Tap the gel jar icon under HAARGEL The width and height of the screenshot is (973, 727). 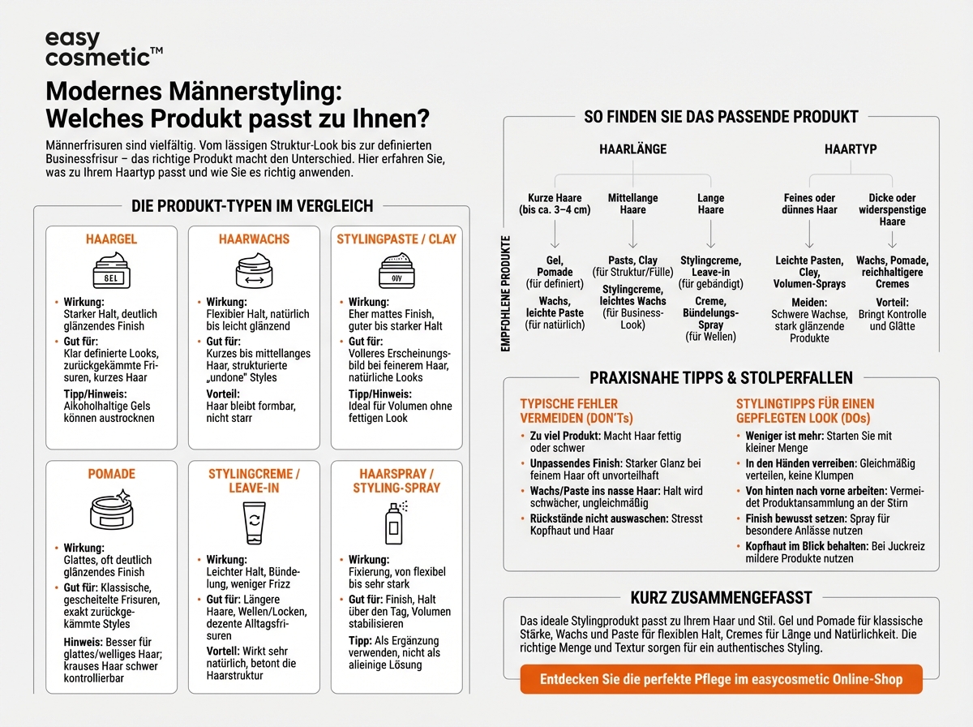(110, 271)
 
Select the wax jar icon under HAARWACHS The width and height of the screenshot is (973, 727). (253, 270)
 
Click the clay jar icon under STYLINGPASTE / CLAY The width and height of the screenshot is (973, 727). (396, 270)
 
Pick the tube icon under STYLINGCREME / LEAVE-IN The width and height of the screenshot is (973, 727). (253, 523)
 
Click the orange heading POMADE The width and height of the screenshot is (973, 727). (111, 474)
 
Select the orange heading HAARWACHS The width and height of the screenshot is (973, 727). (254, 239)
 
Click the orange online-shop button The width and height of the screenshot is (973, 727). (721, 678)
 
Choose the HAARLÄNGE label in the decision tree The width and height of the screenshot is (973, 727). (632, 150)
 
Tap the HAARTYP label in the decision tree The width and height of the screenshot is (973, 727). (851, 150)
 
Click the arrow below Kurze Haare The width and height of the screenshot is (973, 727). (555, 235)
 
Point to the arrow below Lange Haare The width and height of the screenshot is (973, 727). (710, 235)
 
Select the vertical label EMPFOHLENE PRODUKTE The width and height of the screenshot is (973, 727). (506, 293)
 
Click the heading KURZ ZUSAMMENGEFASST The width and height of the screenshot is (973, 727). (721, 598)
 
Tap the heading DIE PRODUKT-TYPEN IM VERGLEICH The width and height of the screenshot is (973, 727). (252, 206)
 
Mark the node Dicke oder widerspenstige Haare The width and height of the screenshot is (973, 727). (892, 209)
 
